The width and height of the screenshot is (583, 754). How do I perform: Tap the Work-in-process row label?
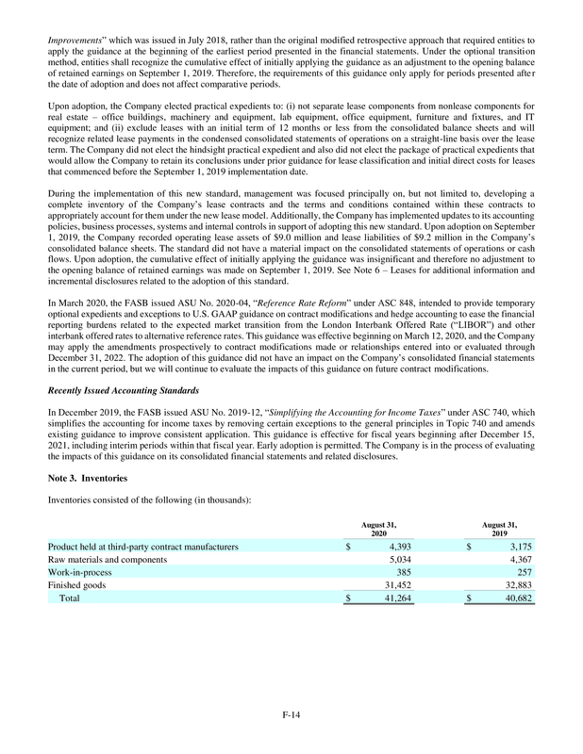coord(82,571)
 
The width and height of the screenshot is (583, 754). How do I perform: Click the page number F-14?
coord(291,718)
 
